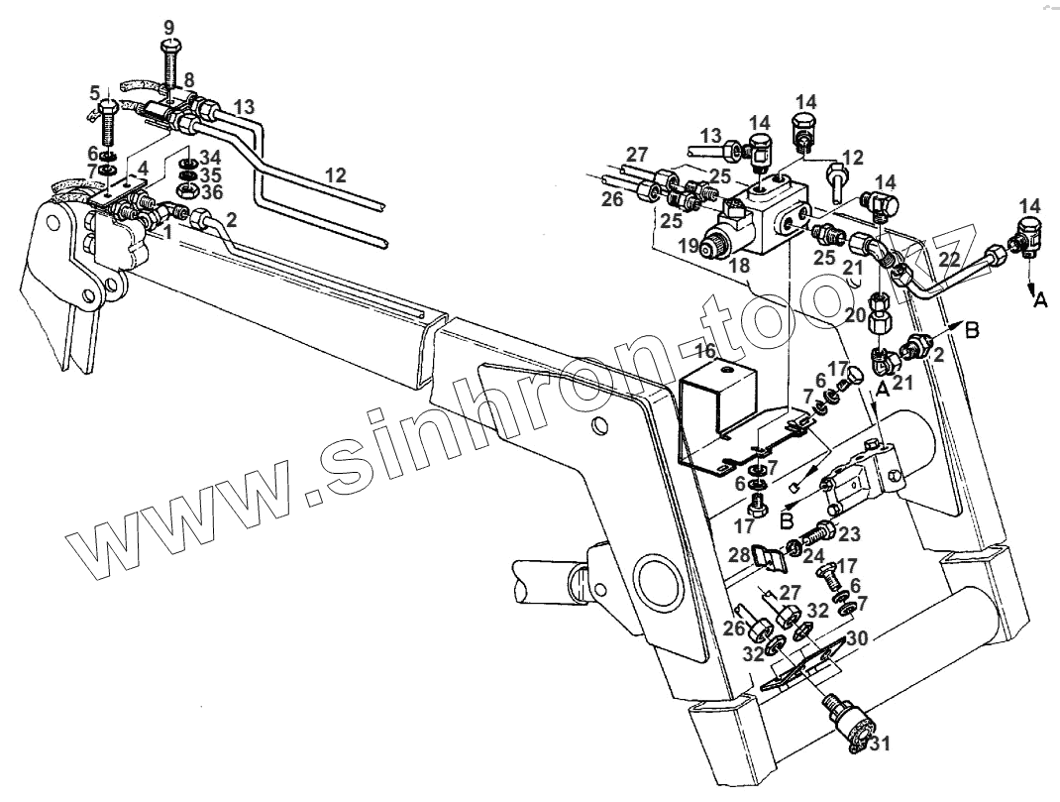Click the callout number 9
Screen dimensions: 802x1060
pos(168,28)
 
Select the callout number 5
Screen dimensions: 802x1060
pos(96,93)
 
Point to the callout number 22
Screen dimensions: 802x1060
pos(948,260)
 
